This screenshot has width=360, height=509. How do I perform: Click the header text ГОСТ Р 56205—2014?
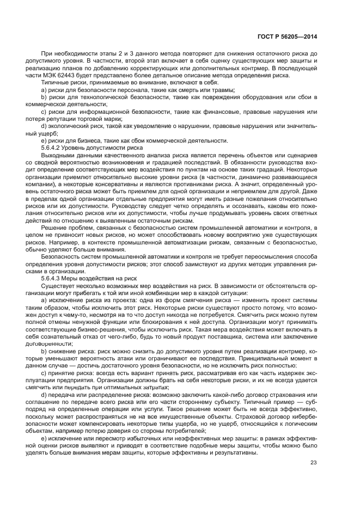click(x=286, y=36)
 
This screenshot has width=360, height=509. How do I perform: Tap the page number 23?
click(x=313, y=463)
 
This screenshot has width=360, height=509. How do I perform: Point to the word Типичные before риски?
click(x=56, y=82)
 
